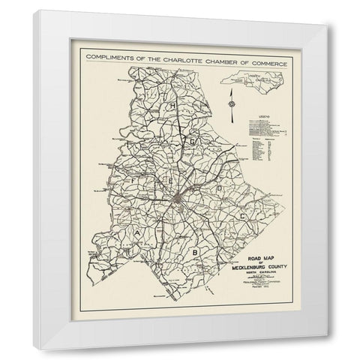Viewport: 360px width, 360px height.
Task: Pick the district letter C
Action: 242,215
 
